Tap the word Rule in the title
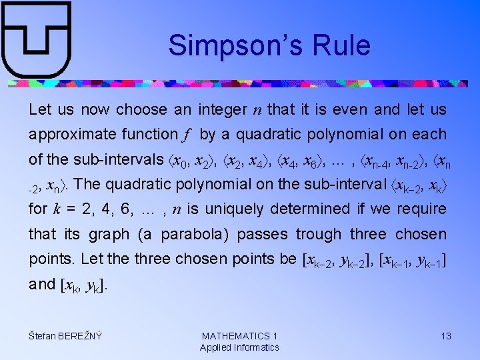(339, 45)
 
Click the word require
(422, 209)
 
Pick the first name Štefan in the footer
(44, 336)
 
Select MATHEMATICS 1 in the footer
(239, 336)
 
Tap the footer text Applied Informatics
(239, 347)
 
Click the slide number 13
(446, 336)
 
